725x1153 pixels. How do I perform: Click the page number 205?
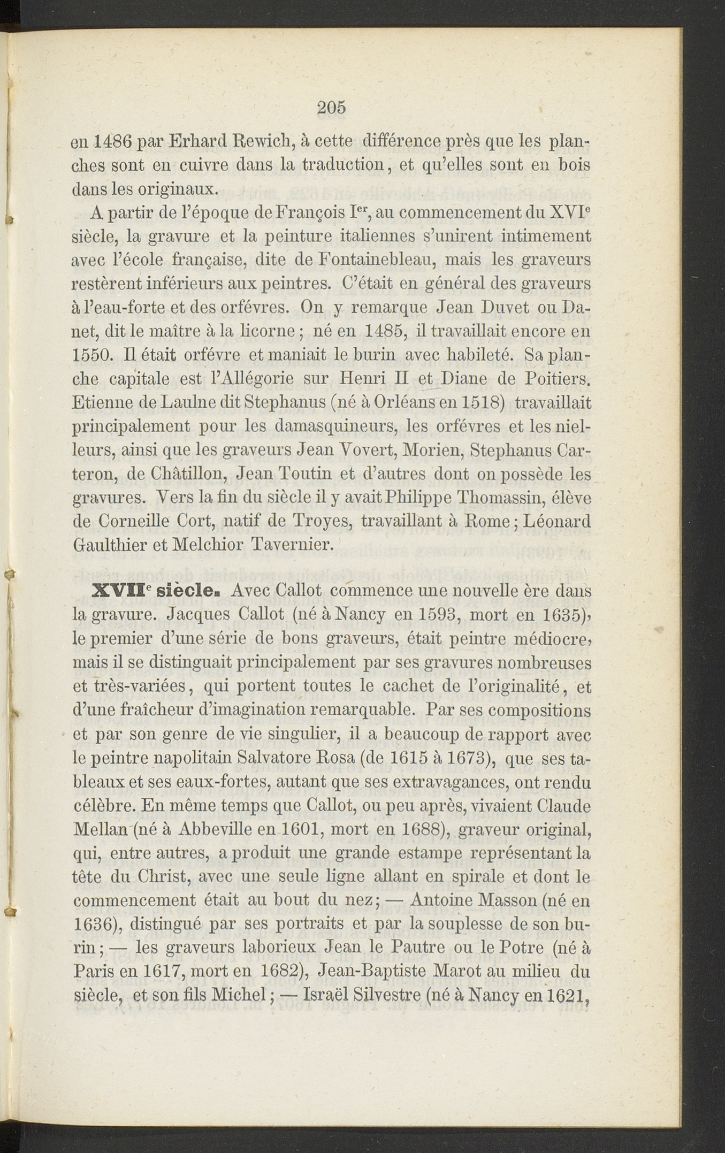331,108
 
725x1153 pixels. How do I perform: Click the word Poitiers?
556,379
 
